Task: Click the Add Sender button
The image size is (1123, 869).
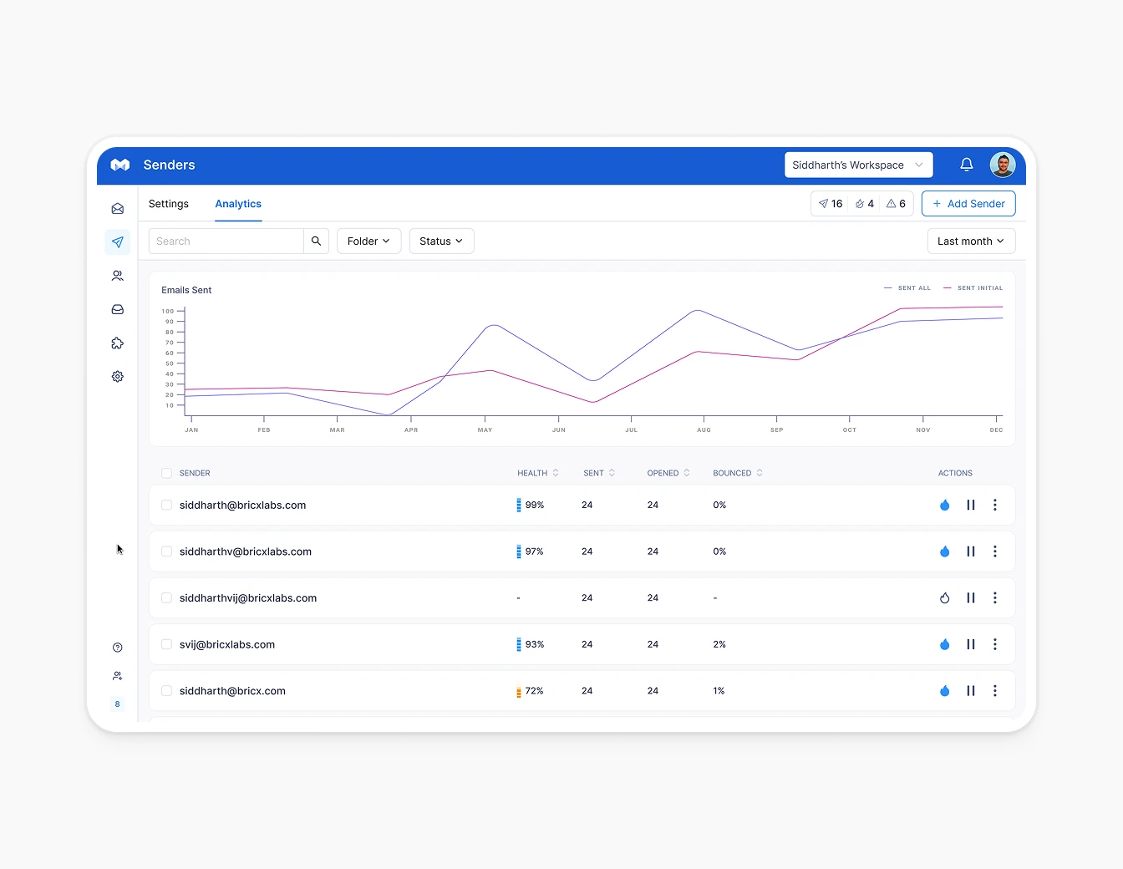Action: pos(968,204)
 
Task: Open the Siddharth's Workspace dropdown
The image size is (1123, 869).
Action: pos(858,165)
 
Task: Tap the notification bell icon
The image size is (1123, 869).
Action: pos(966,165)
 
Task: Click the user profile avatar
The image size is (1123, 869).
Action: pos(1002,165)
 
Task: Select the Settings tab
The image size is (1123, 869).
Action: pos(169,204)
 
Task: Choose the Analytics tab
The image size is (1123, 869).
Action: pos(238,204)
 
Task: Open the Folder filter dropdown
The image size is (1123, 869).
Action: pos(368,241)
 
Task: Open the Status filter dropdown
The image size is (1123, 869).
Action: pos(441,241)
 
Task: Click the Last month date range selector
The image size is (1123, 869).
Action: pos(971,241)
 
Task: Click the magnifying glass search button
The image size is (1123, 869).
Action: pos(316,241)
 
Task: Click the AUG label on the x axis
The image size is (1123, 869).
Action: pos(704,430)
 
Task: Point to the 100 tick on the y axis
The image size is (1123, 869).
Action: pos(168,311)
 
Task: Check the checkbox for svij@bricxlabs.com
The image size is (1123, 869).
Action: pos(166,644)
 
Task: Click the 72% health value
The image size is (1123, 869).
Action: pos(534,691)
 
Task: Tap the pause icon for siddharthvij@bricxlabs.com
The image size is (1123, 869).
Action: pos(970,598)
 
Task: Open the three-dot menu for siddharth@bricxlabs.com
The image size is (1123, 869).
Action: pos(994,506)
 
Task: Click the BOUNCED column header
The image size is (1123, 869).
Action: pos(732,473)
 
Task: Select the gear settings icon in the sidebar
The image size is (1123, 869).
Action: pos(118,377)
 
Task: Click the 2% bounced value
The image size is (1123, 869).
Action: pos(719,644)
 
